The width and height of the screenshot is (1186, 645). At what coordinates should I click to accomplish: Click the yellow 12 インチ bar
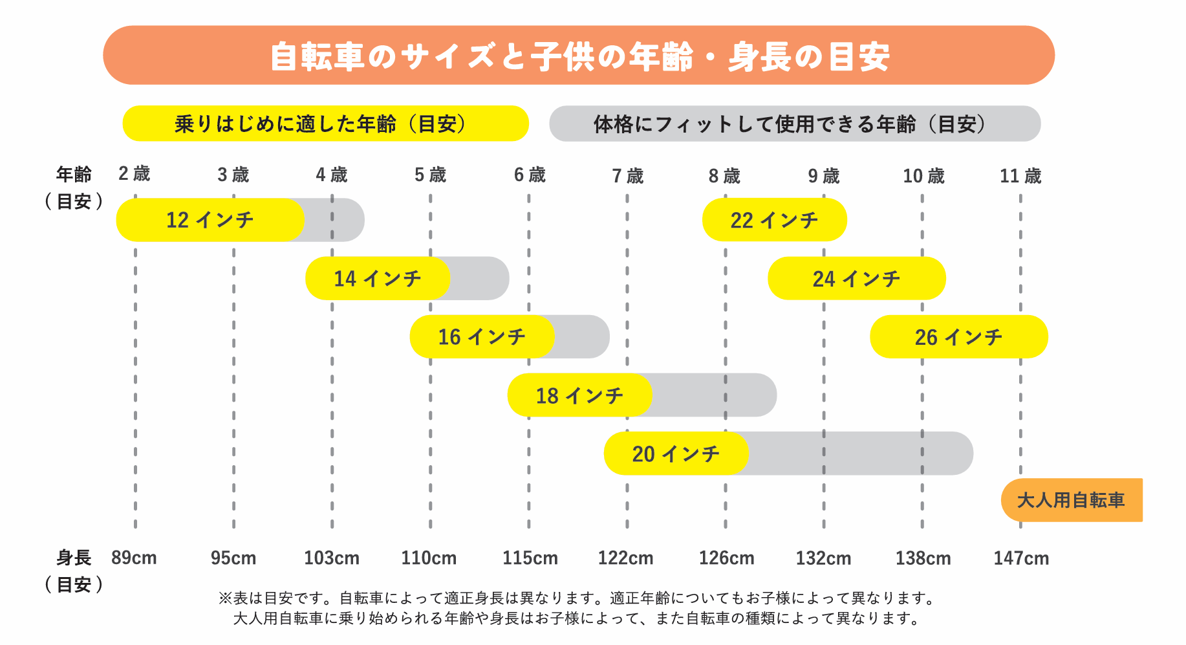pos(210,220)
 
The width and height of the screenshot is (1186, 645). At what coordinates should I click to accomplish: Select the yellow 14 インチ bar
pos(378,278)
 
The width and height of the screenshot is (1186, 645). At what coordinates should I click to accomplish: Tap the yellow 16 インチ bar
pos(482,336)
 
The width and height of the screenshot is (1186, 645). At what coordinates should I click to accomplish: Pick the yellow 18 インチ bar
pos(580,395)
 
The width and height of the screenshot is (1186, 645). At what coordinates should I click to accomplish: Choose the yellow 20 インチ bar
pos(676,454)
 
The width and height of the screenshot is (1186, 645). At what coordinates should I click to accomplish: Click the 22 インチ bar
pos(775,220)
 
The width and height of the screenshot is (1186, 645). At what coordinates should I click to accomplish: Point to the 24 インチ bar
pos(857,278)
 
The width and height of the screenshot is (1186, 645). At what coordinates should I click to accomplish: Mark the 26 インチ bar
pos(959,336)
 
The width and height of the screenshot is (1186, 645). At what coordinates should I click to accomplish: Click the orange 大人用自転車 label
pos(1072,500)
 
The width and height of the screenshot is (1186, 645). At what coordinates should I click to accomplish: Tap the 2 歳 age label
pos(135,174)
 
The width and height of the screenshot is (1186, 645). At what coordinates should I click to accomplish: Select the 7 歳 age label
pos(628,176)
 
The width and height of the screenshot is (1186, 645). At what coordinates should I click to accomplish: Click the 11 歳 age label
pos(1020,176)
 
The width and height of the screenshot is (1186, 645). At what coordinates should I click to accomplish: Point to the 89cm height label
pos(134,558)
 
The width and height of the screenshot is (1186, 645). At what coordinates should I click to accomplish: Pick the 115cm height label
pos(530,558)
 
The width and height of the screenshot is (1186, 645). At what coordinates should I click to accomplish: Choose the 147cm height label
pos(1021,558)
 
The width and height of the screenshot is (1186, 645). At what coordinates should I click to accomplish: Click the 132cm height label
pos(823,558)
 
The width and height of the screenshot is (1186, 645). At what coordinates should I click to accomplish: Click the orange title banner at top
pos(579,56)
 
